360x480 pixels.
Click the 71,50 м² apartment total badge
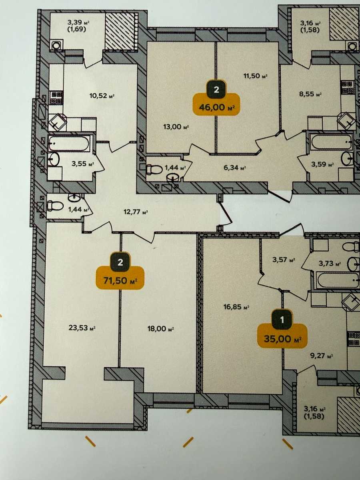click(120, 280)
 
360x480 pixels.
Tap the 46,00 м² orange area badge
click(216, 107)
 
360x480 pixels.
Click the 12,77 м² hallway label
click(136, 212)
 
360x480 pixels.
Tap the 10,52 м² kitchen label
click(102, 96)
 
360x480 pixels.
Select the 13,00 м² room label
click(176, 127)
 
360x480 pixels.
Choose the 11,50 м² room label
click(256, 76)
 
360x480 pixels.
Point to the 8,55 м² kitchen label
click(310, 94)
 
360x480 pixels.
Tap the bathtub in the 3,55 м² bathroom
click(69, 144)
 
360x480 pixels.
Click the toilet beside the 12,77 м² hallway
click(55, 206)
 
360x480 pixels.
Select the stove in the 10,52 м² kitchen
click(57, 98)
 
